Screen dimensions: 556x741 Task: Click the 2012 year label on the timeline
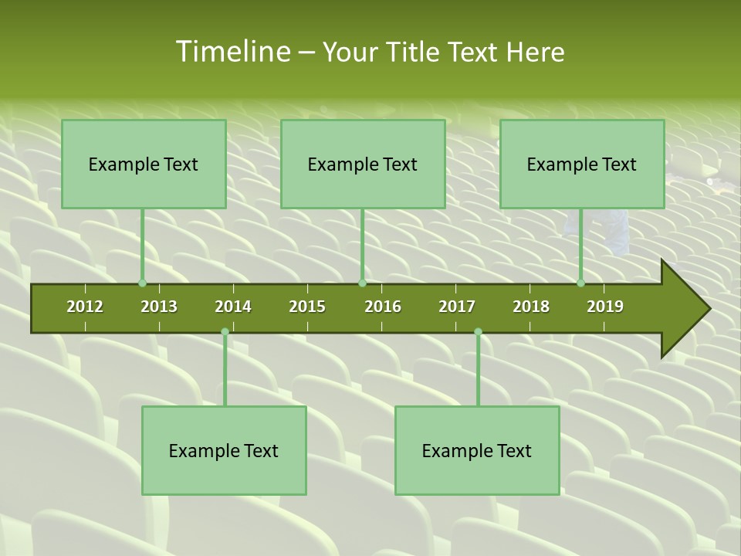[x=85, y=307]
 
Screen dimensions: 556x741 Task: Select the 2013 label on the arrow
[x=159, y=307]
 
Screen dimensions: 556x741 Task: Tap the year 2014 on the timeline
[x=233, y=307]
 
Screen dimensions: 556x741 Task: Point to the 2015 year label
[x=307, y=307]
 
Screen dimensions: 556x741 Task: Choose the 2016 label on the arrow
[x=383, y=307]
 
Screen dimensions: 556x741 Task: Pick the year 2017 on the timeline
[x=457, y=307]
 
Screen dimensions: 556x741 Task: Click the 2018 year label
[x=531, y=307]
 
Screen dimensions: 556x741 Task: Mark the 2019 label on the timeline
[x=605, y=307]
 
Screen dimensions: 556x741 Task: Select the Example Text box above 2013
[x=144, y=164]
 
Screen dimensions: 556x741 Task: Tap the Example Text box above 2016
[x=363, y=164]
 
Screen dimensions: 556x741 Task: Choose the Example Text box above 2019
[x=582, y=164]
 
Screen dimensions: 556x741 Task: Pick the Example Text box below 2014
[x=224, y=450]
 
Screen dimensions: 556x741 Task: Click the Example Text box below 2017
[x=477, y=450]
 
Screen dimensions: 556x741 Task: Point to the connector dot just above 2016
[x=362, y=283]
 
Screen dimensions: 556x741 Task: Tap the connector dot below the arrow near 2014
[x=225, y=332]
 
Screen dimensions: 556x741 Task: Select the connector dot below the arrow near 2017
[x=478, y=332]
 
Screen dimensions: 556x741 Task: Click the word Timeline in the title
[x=232, y=52]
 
